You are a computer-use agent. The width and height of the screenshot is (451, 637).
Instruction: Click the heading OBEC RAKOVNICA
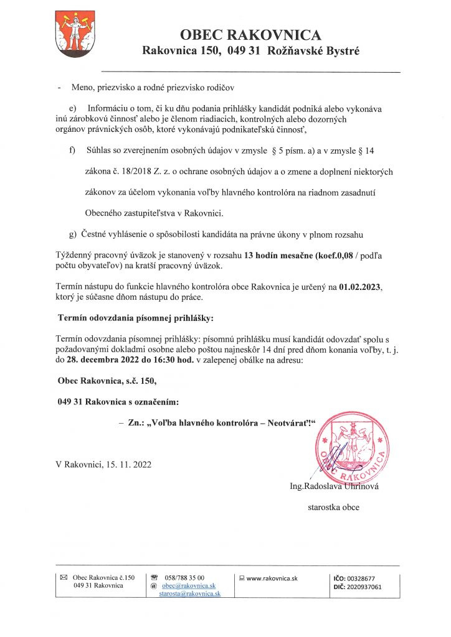point(250,35)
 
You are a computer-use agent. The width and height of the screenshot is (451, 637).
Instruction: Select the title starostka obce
point(333,507)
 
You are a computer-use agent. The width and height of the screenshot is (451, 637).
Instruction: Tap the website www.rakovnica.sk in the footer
point(272,578)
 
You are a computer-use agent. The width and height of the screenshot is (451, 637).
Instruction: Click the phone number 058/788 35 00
point(184,578)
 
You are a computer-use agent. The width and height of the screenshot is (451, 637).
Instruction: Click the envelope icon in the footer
point(63,578)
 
